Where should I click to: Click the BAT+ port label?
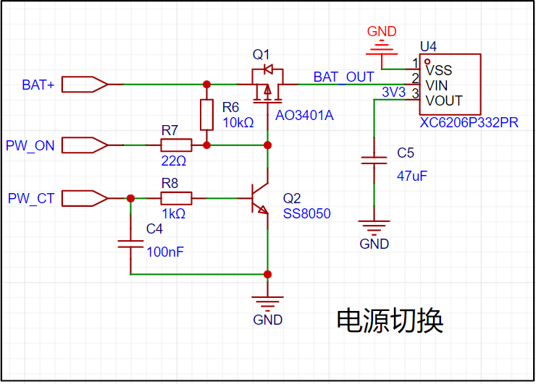click(x=38, y=85)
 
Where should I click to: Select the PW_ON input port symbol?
click(x=85, y=145)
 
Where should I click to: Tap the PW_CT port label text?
click(x=31, y=198)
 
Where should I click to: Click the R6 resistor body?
click(x=206, y=115)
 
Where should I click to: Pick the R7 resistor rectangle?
click(x=176, y=145)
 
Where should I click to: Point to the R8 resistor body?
click(x=176, y=198)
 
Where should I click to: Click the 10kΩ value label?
click(x=238, y=122)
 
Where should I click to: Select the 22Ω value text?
click(x=174, y=161)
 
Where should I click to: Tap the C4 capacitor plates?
click(x=130, y=244)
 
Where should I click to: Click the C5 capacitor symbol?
click(x=374, y=161)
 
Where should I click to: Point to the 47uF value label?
click(x=412, y=176)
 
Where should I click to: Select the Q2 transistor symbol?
click(x=260, y=198)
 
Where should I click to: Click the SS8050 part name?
click(x=306, y=213)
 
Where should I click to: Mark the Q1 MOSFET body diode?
click(x=268, y=69)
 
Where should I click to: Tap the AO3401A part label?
click(x=304, y=116)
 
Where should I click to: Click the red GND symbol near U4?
click(x=382, y=49)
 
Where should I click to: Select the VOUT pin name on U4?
click(x=444, y=101)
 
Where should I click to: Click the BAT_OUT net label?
click(x=343, y=77)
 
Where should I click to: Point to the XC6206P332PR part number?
click(x=469, y=122)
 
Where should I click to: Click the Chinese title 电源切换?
click(x=390, y=320)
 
